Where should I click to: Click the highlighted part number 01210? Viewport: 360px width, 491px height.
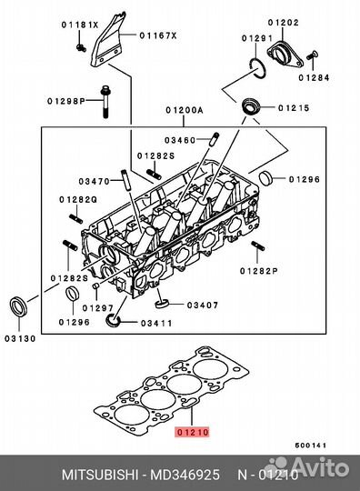(x=193, y=432)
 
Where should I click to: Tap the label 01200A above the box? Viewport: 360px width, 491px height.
(x=185, y=110)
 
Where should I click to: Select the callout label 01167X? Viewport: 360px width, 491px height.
(x=158, y=35)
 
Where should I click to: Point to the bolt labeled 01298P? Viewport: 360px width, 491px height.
(x=105, y=102)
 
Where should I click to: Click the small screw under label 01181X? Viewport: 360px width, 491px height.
(x=81, y=48)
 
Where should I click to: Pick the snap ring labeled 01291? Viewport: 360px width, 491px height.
(x=258, y=68)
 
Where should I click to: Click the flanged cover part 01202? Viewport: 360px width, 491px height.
(x=285, y=55)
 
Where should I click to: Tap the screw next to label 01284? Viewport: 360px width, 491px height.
(x=312, y=55)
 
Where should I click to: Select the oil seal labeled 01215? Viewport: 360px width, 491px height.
(x=251, y=106)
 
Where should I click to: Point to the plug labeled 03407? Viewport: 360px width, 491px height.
(x=162, y=303)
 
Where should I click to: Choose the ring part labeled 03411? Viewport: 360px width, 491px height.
(x=113, y=320)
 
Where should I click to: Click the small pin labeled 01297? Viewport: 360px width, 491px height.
(x=95, y=286)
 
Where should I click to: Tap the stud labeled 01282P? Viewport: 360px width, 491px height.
(x=257, y=246)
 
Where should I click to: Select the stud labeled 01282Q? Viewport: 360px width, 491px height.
(x=76, y=218)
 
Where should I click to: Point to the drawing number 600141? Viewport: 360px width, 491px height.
(x=311, y=445)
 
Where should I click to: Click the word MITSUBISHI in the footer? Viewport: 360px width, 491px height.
(x=100, y=475)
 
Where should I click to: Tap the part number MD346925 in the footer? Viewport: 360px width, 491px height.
(x=185, y=475)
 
